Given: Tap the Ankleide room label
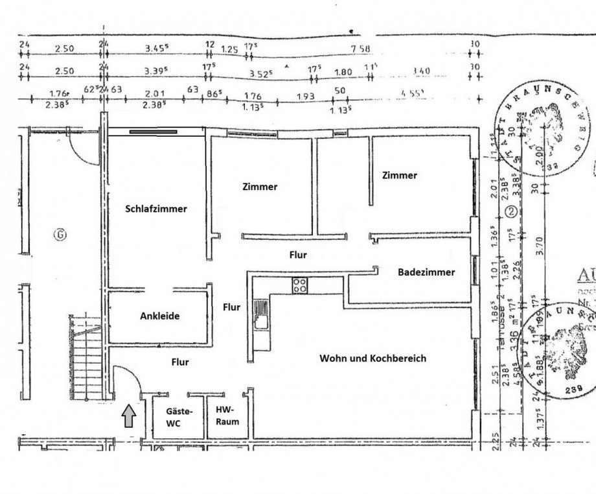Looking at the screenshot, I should pos(159,316).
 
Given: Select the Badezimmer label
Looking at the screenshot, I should pos(426,272).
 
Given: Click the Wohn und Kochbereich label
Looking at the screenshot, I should pos(372,358).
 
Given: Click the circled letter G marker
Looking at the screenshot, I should pos(59,234).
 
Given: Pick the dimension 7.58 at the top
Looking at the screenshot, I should pos(360,49).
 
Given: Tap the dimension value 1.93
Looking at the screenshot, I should pos(305,97).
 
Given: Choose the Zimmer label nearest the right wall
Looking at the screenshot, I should pos(400,175).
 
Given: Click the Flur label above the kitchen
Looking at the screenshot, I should pos(297,255).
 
